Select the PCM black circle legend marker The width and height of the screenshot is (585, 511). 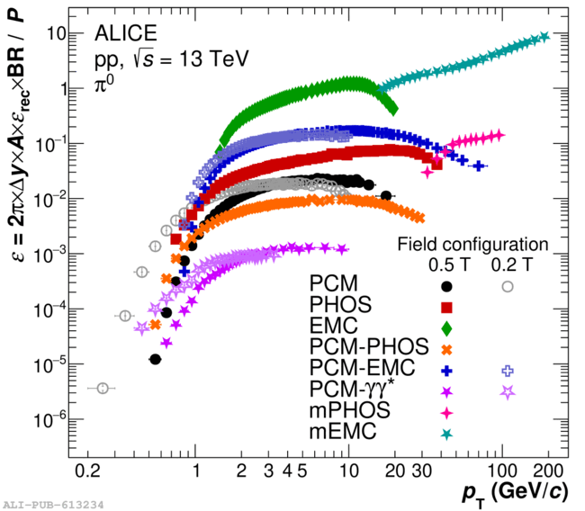[446, 286]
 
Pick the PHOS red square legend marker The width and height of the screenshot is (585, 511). [446, 307]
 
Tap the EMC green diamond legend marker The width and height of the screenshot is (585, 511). [446, 327]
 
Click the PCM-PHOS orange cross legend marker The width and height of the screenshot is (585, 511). [446, 349]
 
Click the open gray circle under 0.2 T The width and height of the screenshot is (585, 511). [508, 286]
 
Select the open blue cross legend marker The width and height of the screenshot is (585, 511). [508, 370]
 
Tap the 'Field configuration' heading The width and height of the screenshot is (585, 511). [472, 244]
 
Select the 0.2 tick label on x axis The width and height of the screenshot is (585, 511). [88, 470]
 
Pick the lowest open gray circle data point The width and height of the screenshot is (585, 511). [103, 388]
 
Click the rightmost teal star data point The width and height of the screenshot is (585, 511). [544, 37]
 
